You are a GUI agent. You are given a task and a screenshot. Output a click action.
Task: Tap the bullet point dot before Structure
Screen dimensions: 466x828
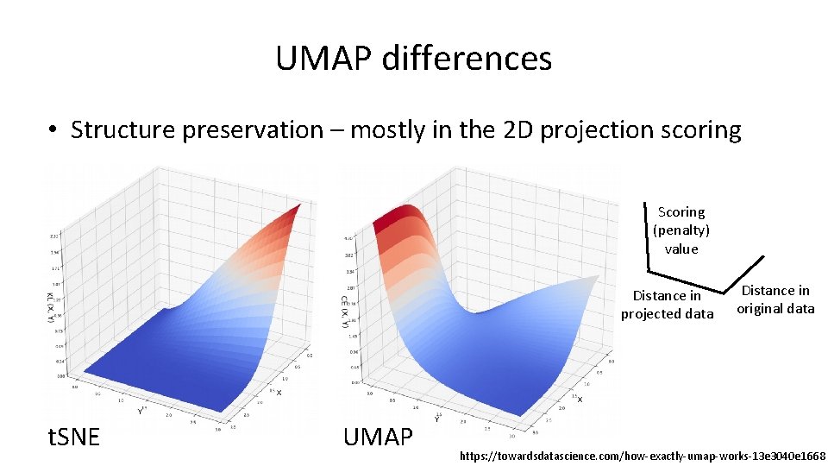coord(53,130)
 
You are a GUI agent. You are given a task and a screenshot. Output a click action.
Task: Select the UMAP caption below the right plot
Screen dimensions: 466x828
coord(378,437)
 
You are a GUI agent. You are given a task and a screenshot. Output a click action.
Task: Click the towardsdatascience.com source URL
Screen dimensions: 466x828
coord(643,455)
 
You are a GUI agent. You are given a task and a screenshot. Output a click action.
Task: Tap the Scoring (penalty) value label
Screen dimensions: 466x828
coord(681,230)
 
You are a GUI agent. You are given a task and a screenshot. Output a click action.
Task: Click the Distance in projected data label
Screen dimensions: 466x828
coord(667,305)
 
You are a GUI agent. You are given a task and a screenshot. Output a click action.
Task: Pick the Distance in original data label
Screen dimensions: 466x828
coord(775,299)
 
